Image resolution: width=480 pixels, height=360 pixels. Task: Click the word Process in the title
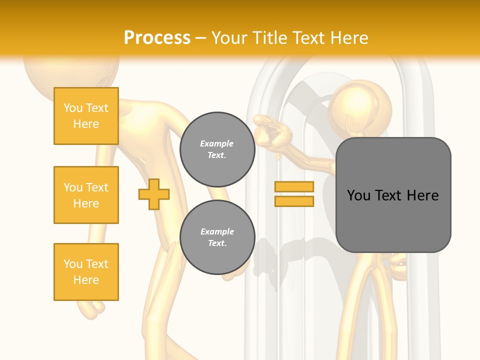(157, 37)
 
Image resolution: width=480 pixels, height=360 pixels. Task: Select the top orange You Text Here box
(86, 116)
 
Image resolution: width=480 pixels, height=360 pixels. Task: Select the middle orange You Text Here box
(86, 195)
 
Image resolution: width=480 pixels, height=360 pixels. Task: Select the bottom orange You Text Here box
(86, 272)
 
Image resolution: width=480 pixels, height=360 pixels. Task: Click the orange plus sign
(154, 193)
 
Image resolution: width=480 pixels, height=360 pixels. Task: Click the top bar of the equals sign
(294, 186)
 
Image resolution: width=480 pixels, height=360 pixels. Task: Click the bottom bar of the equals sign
(294, 201)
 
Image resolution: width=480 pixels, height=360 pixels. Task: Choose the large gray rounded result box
(393, 195)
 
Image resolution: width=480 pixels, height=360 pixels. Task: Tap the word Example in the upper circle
(217, 143)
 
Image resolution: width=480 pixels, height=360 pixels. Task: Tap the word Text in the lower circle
(217, 243)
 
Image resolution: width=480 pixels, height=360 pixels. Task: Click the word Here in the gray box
(422, 195)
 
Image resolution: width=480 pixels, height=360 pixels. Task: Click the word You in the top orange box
(72, 108)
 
